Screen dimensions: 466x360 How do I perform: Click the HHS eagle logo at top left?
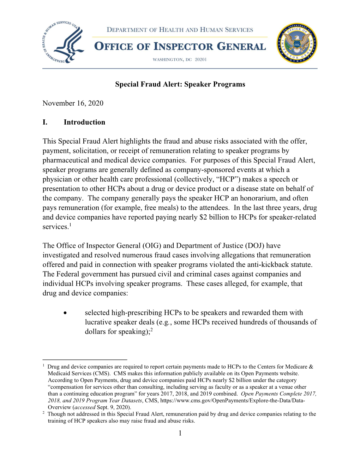(x=64, y=43)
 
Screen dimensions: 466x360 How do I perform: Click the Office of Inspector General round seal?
(x=297, y=43)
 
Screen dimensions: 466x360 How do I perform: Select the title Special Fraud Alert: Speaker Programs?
(x=180, y=84)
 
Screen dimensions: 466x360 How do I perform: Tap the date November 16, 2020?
(x=73, y=103)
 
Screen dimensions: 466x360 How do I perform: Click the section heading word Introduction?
(x=84, y=123)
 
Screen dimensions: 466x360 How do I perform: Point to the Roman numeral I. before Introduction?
(x=45, y=123)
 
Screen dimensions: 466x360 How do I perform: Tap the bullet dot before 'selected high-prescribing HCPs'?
(x=65, y=313)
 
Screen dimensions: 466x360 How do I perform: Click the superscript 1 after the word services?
(x=70, y=225)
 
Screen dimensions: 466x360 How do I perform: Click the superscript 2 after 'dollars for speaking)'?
(x=151, y=330)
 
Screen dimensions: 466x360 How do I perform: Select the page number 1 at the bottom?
(x=180, y=433)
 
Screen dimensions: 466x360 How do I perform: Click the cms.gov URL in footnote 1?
(x=233, y=401)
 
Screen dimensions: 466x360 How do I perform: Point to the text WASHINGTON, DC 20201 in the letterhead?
(x=180, y=60)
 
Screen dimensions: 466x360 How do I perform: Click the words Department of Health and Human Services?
(x=180, y=30)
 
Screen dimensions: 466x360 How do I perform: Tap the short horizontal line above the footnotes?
(x=85, y=359)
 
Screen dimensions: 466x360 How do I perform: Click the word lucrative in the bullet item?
(x=100, y=322)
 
